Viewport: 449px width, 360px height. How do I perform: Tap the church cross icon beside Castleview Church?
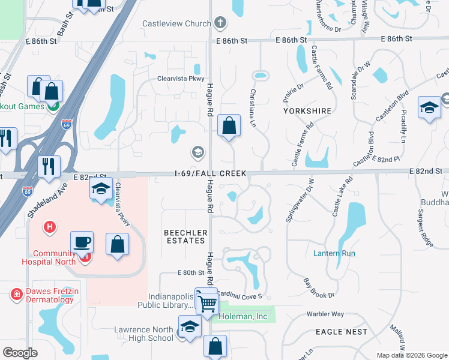(220, 24)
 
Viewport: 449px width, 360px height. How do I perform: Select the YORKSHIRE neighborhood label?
(307, 111)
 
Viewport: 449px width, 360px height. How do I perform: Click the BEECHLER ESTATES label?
(185, 236)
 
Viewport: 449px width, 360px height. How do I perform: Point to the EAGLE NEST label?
(341, 332)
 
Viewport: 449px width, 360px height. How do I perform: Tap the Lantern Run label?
(334, 253)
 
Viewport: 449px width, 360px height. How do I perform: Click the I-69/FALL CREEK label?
(210, 173)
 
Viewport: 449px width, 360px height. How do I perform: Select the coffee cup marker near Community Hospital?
(82, 243)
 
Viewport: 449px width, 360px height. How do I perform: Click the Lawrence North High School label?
(144, 334)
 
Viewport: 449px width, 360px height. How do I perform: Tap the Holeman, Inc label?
(243, 317)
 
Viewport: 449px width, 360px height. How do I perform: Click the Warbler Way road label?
(325, 314)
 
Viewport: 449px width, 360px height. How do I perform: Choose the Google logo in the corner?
(20, 353)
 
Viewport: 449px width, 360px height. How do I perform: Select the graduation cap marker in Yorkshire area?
(429, 107)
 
